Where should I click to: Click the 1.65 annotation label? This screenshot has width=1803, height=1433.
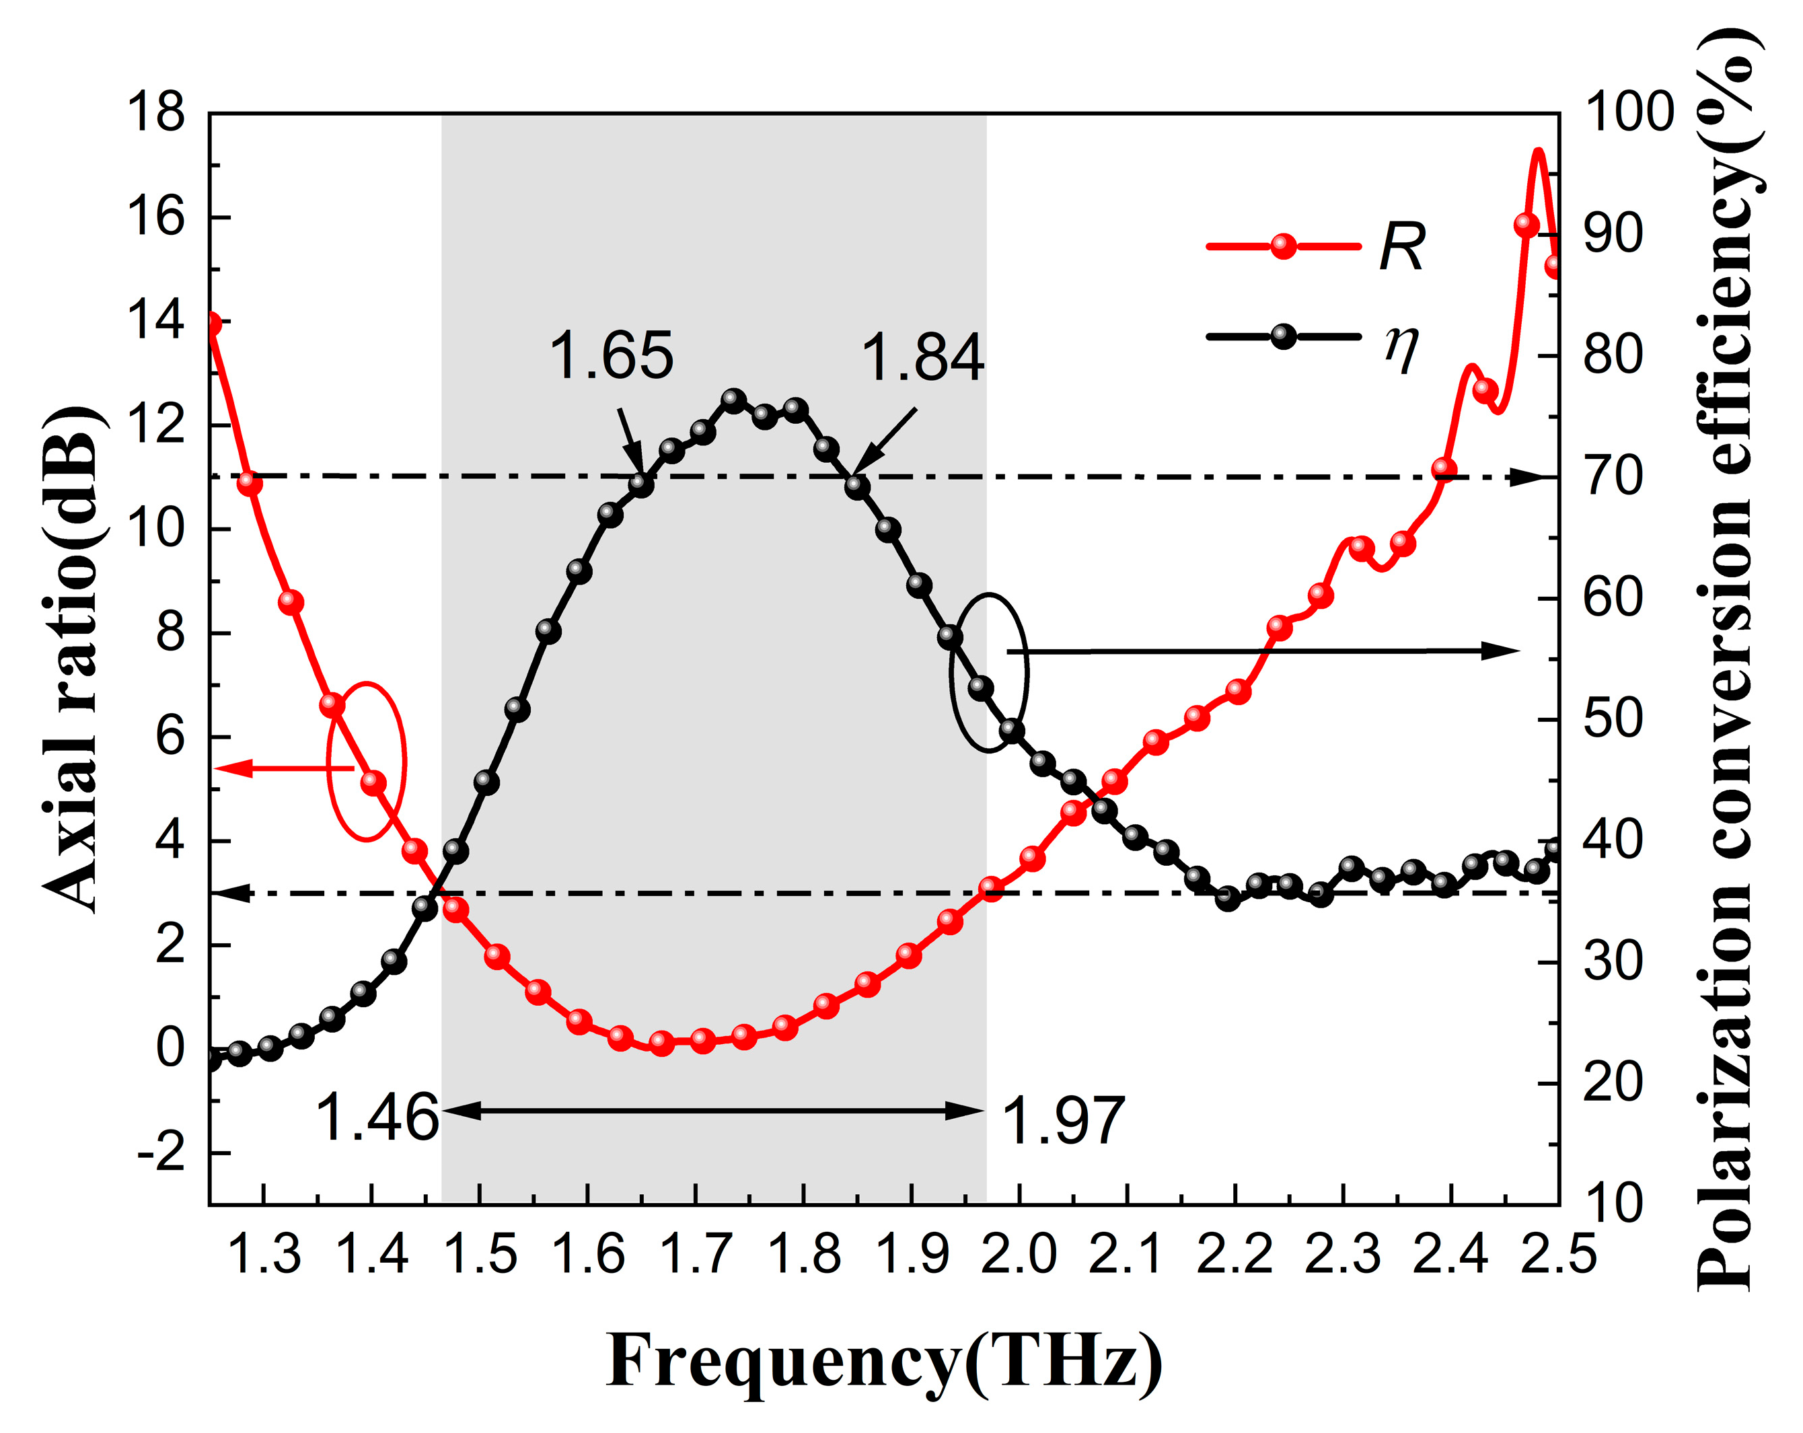click(x=610, y=355)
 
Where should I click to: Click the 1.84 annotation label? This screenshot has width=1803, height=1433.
click(x=922, y=357)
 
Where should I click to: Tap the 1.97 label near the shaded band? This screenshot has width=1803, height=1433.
click(x=1062, y=1121)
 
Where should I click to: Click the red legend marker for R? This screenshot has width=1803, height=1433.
click(x=1284, y=246)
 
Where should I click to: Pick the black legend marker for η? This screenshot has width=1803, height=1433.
click(x=1284, y=337)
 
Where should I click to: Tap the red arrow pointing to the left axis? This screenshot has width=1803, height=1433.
click(x=285, y=768)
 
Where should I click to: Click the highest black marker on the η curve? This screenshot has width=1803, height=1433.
click(x=733, y=400)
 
